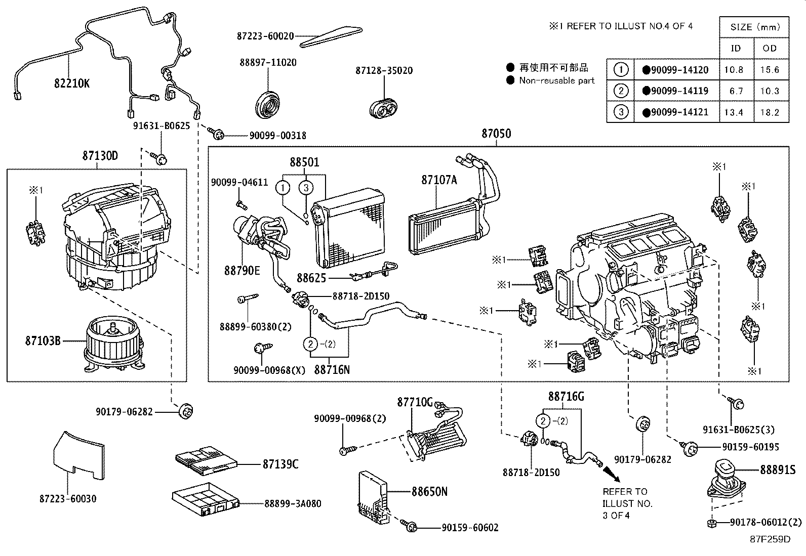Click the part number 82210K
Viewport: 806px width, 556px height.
tap(71, 83)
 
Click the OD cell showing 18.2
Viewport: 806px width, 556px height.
tap(769, 112)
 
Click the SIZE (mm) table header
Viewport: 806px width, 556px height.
tap(755, 27)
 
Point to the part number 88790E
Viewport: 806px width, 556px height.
tap(242, 271)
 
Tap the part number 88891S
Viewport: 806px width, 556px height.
tap(777, 469)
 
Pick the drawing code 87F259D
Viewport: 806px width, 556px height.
tap(770, 539)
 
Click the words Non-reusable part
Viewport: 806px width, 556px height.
tap(556, 80)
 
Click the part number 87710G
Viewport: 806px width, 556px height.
tap(414, 402)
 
